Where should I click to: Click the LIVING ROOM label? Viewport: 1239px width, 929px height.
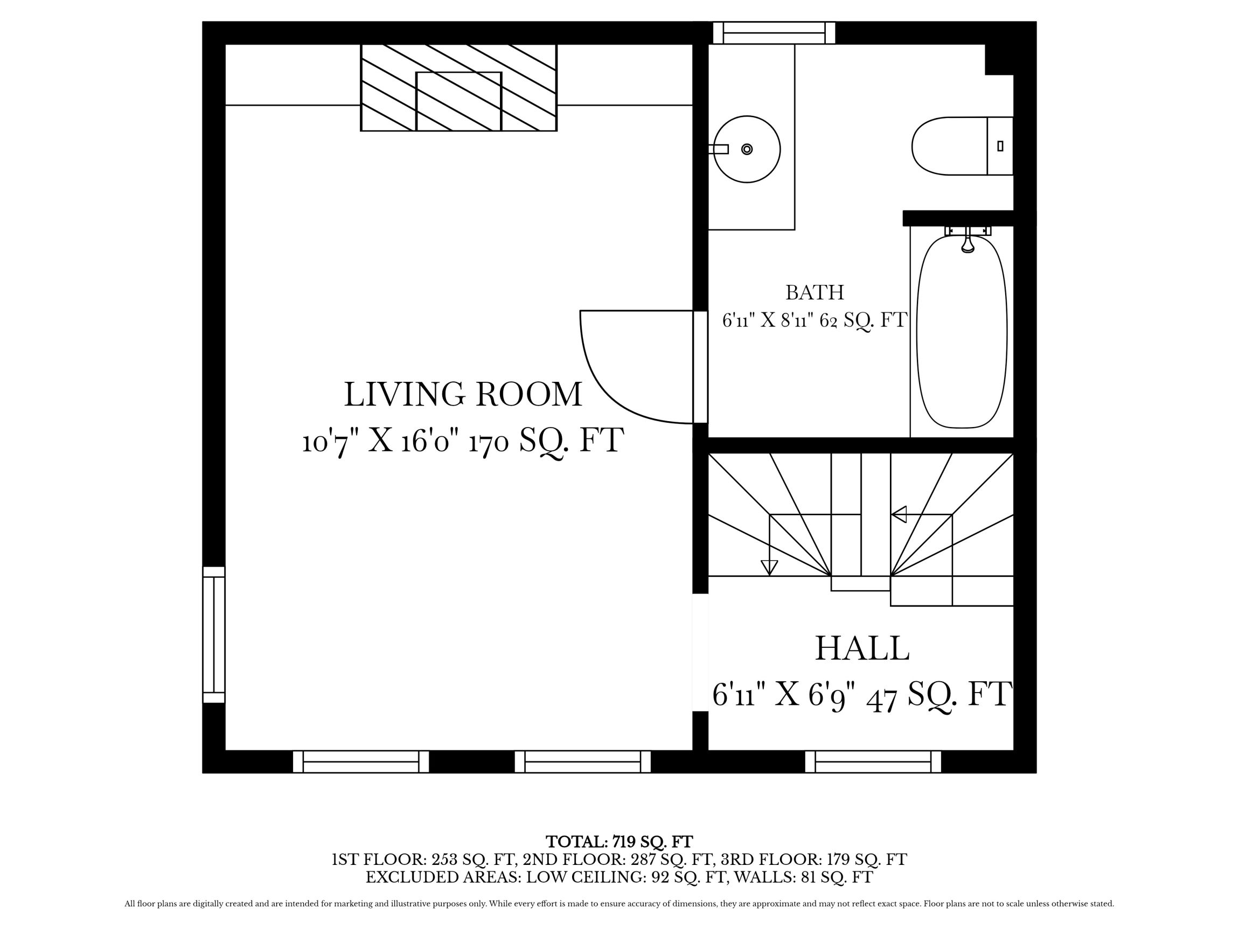[463, 394]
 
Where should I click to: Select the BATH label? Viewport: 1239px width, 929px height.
[815, 292]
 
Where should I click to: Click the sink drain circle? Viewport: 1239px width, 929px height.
[747, 149]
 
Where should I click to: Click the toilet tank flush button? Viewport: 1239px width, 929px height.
[1000, 146]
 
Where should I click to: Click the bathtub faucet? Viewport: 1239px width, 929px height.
[968, 244]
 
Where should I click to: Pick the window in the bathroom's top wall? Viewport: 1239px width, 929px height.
[774, 32]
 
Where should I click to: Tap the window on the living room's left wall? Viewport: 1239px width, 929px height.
[213, 634]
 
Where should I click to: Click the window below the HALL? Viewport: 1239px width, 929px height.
[873, 762]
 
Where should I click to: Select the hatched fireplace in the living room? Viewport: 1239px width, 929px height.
[458, 88]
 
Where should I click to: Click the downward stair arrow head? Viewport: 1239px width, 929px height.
[770, 568]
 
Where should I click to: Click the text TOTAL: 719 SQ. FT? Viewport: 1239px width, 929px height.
[619, 842]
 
